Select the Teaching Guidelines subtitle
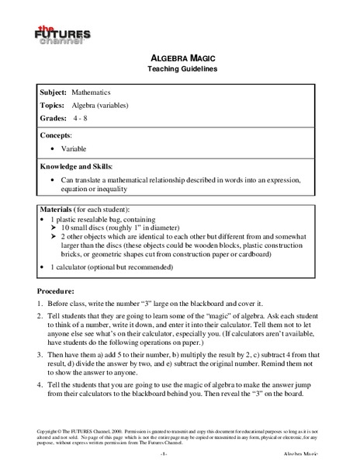pos(180,69)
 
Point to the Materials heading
pos(61,210)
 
